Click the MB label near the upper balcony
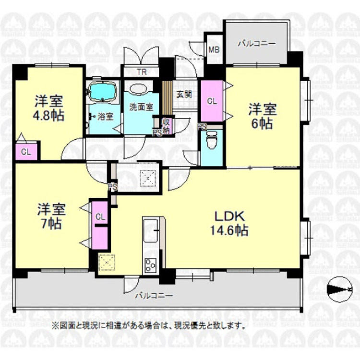click(x=214, y=48)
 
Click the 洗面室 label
click(x=140, y=107)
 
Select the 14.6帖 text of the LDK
click(x=228, y=230)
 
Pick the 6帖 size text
click(x=261, y=123)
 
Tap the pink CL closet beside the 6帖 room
click(x=211, y=101)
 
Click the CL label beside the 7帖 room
click(x=100, y=217)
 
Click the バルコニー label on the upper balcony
click(x=257, y=43)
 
